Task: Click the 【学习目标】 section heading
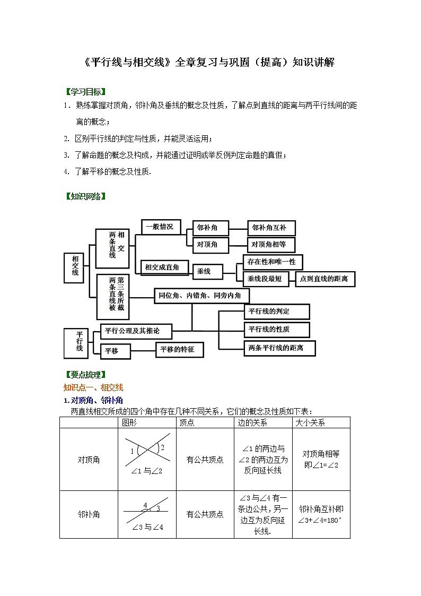coord(85,92)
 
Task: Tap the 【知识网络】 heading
coord(85,196)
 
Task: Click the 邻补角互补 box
coord(271,228)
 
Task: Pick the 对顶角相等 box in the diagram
coord(270,245)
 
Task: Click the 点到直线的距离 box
coord(323,279)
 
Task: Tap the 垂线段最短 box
coord(265,279)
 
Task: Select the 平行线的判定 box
coord(276,312)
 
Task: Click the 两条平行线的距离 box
coord(279,348)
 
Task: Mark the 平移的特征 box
coord(179,350)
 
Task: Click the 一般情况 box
coord(160,227)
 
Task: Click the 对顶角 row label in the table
coord(89,460)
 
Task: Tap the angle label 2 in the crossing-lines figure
coord(163,447)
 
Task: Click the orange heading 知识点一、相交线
coord(93,387)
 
